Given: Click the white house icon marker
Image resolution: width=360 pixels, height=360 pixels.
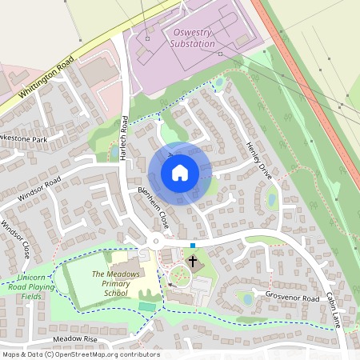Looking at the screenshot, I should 180,173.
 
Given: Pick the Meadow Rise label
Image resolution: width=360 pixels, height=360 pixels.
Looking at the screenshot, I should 74,339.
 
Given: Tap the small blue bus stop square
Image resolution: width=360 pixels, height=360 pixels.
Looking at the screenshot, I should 193,244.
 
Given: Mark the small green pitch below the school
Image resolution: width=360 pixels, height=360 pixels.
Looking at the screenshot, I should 146,306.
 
